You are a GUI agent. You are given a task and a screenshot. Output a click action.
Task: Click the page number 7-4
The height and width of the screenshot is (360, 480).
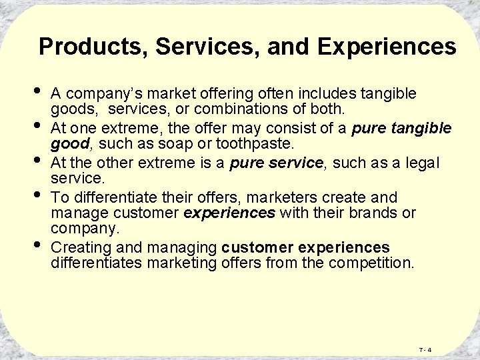pos(425,350)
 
